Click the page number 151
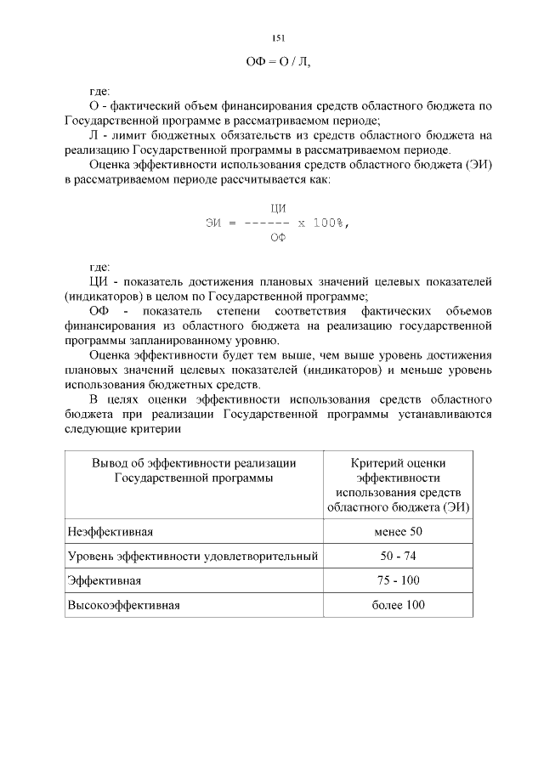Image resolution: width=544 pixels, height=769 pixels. [x=277, y=38]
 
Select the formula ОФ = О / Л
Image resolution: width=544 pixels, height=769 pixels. [x=277, y=61]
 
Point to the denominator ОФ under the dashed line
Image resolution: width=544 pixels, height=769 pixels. [x=277, y=239]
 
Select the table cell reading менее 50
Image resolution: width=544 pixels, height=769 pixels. [x=398, y=532]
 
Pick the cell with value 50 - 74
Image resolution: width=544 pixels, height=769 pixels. [x=398, y=557]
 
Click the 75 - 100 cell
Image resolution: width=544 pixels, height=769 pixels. [x=398, y=580]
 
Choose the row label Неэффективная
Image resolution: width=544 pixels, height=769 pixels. [x=110, y=532]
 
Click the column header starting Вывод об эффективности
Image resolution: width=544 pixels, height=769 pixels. [x=194, y=470]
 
